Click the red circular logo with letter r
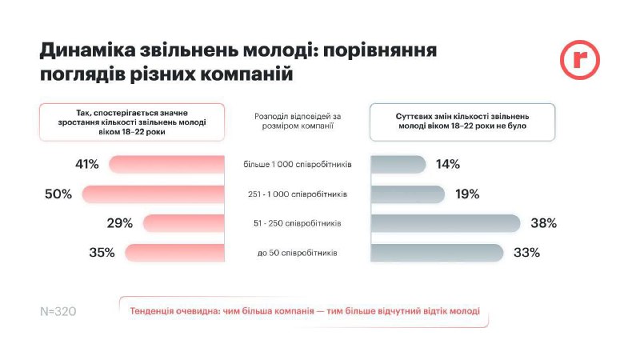(579, 60)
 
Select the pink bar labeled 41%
(166, 165)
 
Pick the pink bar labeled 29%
(182, 223)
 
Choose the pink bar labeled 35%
(174, 253)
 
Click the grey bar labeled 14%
(398, 165)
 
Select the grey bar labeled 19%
(407, 194)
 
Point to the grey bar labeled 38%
(445, 223)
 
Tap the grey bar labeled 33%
(437, 253)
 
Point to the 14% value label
(447, 165)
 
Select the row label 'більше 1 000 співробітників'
(298, 165)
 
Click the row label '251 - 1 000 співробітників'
(298, 194)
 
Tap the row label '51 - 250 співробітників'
(298, 223)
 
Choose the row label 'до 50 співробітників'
(298, 253)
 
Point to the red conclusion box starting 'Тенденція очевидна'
(304, 311)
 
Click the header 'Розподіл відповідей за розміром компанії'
(298, 121)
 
